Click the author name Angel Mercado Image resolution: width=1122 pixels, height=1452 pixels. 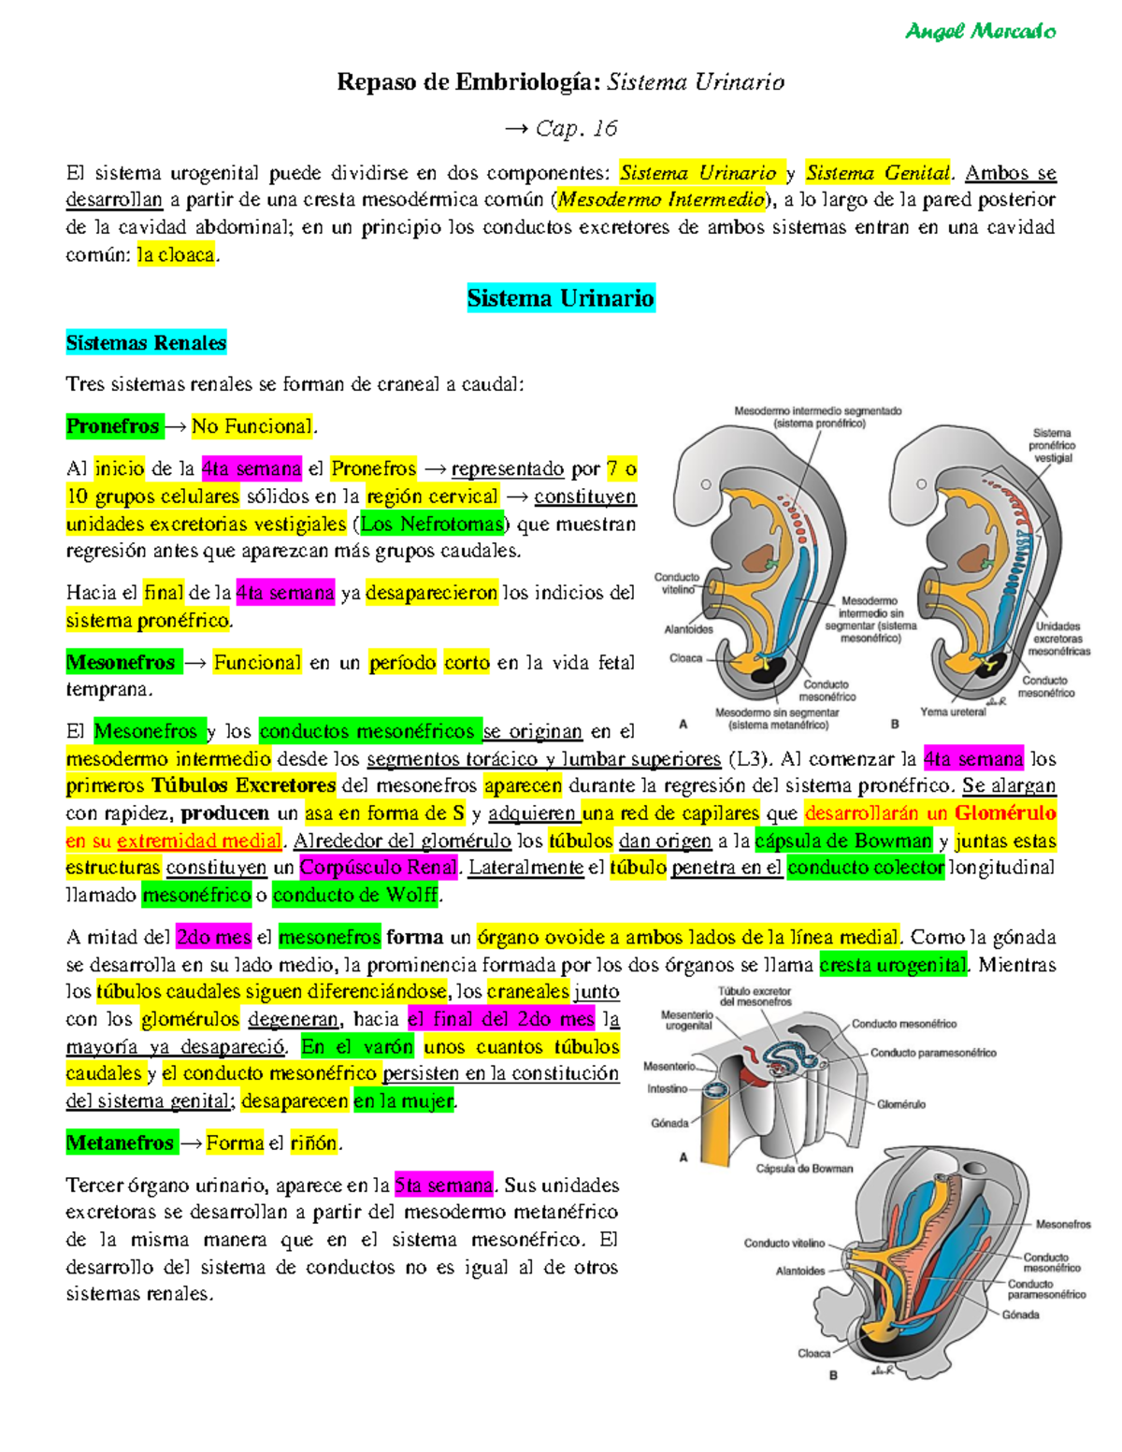(x=980, y=32)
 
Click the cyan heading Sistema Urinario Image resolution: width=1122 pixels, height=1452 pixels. (x=560, y=298)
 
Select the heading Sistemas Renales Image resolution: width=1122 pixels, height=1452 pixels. (x=146, y=343)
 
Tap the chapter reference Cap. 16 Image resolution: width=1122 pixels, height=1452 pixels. (x=576, y=128)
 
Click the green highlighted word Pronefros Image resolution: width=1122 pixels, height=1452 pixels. (x=113, y=426)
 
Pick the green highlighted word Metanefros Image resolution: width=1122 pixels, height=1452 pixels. (x=120, y=1143)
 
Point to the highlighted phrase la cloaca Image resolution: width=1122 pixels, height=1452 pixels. (x=176, y=254)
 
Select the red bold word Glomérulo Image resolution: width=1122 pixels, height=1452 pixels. (x=1005, y=812)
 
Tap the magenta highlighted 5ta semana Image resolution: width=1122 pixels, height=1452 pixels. (x=444, y=1186)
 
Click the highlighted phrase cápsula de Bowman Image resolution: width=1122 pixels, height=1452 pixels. (x=843, y=841)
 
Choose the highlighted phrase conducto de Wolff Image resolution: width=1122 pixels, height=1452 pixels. (x=355, y=895)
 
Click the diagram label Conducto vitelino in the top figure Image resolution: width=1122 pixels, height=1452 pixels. (x=676, y=583)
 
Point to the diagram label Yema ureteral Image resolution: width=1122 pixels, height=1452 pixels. (x=953, y=712)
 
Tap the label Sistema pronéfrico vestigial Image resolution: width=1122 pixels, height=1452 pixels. (x=1053, y=445)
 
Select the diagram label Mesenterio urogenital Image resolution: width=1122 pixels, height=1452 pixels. (x=688, y=1020)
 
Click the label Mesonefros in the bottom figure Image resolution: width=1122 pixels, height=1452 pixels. (x=1063, y=1224)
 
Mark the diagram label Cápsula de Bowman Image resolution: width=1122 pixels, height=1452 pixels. (x=804, y=1168)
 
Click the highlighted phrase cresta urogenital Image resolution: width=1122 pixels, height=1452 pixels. (x=892, y=965)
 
